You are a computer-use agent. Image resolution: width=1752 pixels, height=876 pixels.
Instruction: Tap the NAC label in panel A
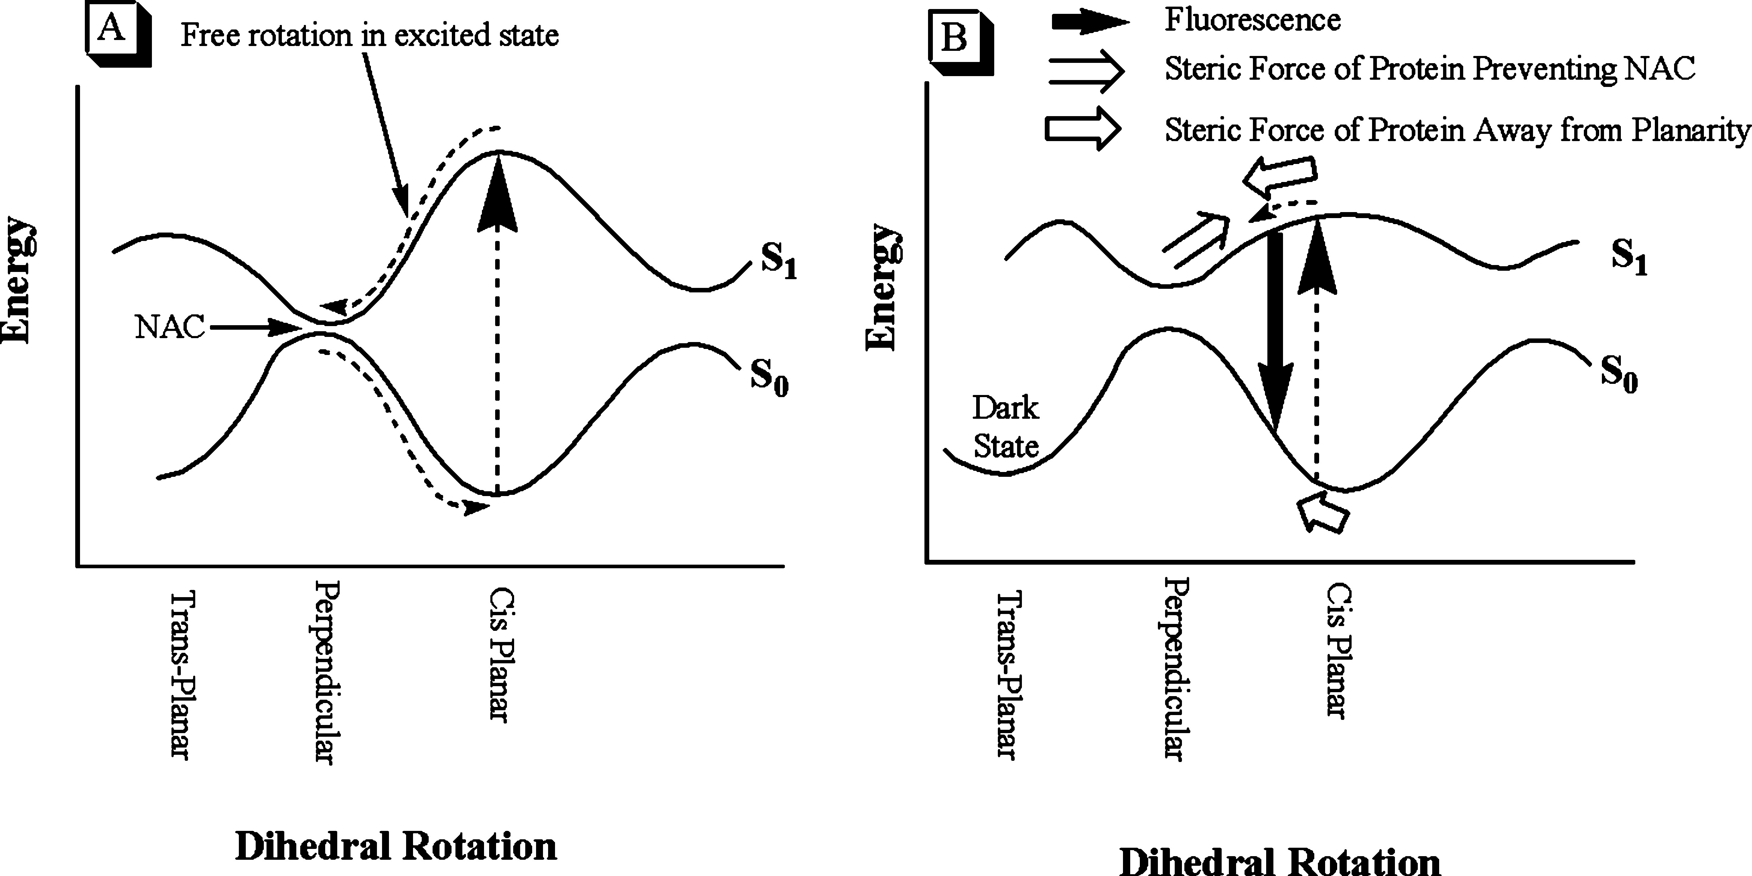click(x=170, y=328)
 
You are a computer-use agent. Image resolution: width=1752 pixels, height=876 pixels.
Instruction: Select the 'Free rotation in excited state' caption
click(x=369, y=35)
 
